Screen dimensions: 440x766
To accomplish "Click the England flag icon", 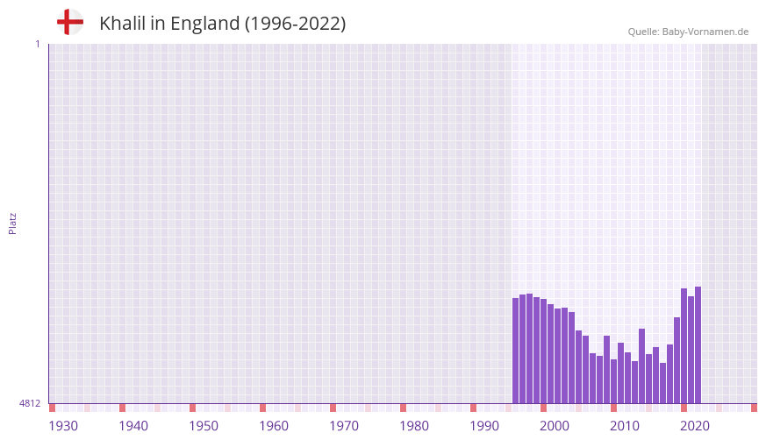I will [x=70, y=23].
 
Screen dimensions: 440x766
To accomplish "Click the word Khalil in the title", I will [x=122, y=24].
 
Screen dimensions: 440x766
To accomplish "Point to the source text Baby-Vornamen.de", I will [x=705, y=32].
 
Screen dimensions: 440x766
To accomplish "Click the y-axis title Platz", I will [x=12, y=223].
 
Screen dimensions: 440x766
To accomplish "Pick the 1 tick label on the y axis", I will [x=37, y=44].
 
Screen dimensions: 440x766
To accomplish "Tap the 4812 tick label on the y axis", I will [x=29, y=404].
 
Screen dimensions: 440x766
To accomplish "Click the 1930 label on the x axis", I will [x=63, y=426].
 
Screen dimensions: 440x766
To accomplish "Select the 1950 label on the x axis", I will [x=204, y=426].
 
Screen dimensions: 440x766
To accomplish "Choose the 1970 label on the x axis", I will [x=344, y=426].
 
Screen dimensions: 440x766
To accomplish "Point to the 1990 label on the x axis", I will [x=484, y=426].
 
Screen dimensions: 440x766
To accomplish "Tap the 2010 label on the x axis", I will [x=625, y=426].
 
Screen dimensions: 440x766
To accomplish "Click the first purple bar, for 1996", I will [x=516, y=351].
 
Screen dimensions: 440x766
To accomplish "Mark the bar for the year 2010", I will [x=614, y=381].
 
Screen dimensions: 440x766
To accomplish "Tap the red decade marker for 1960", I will [x=262, y=408].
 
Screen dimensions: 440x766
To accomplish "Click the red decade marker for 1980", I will [x=403, y=408].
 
